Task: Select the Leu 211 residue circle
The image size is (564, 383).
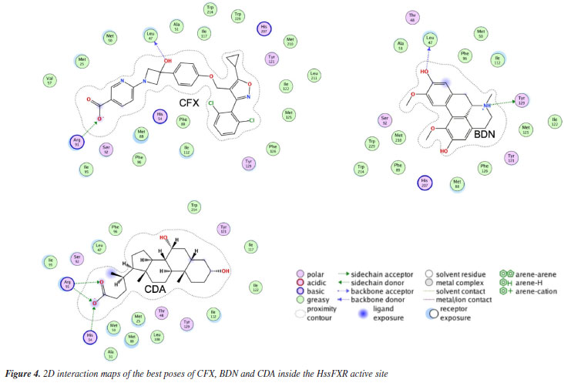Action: pyautogui.click(x=314, y=76)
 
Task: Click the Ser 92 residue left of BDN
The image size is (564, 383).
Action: pyautogui.click(x=384, y=119)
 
